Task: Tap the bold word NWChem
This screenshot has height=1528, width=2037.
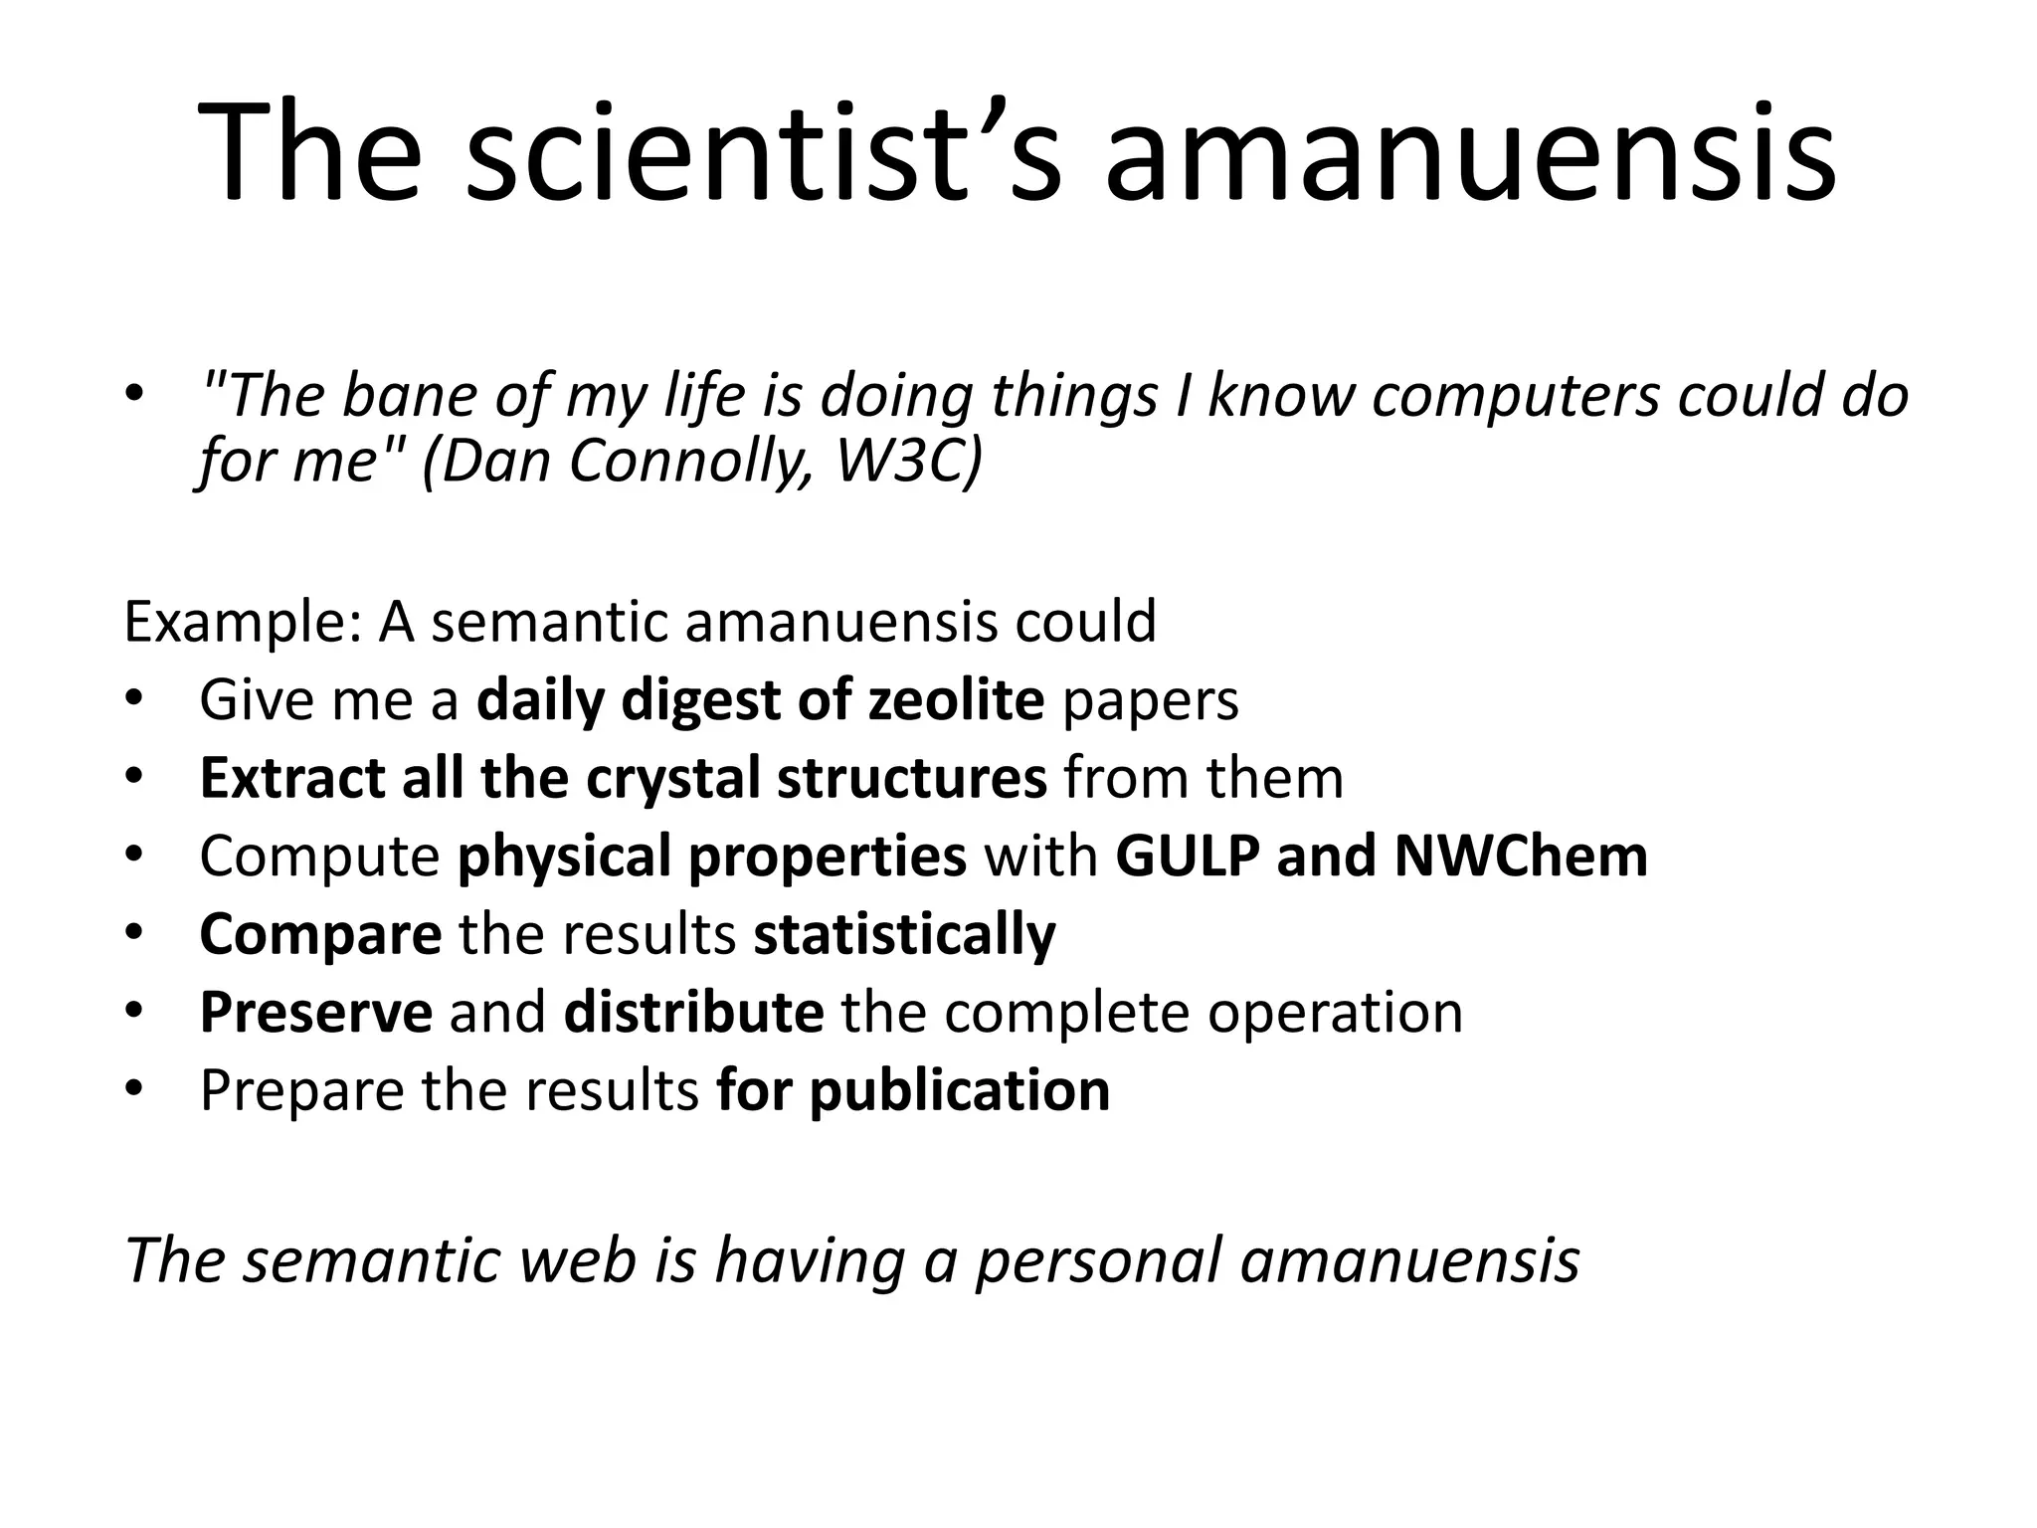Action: [x=1521, y=856]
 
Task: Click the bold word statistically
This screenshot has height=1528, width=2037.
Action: [x=904, y=934]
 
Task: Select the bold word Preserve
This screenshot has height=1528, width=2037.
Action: [x=315, y=1012]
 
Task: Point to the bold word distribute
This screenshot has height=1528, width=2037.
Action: [x=693, y=1012]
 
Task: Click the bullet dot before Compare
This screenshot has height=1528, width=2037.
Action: [x=135, y=933]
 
